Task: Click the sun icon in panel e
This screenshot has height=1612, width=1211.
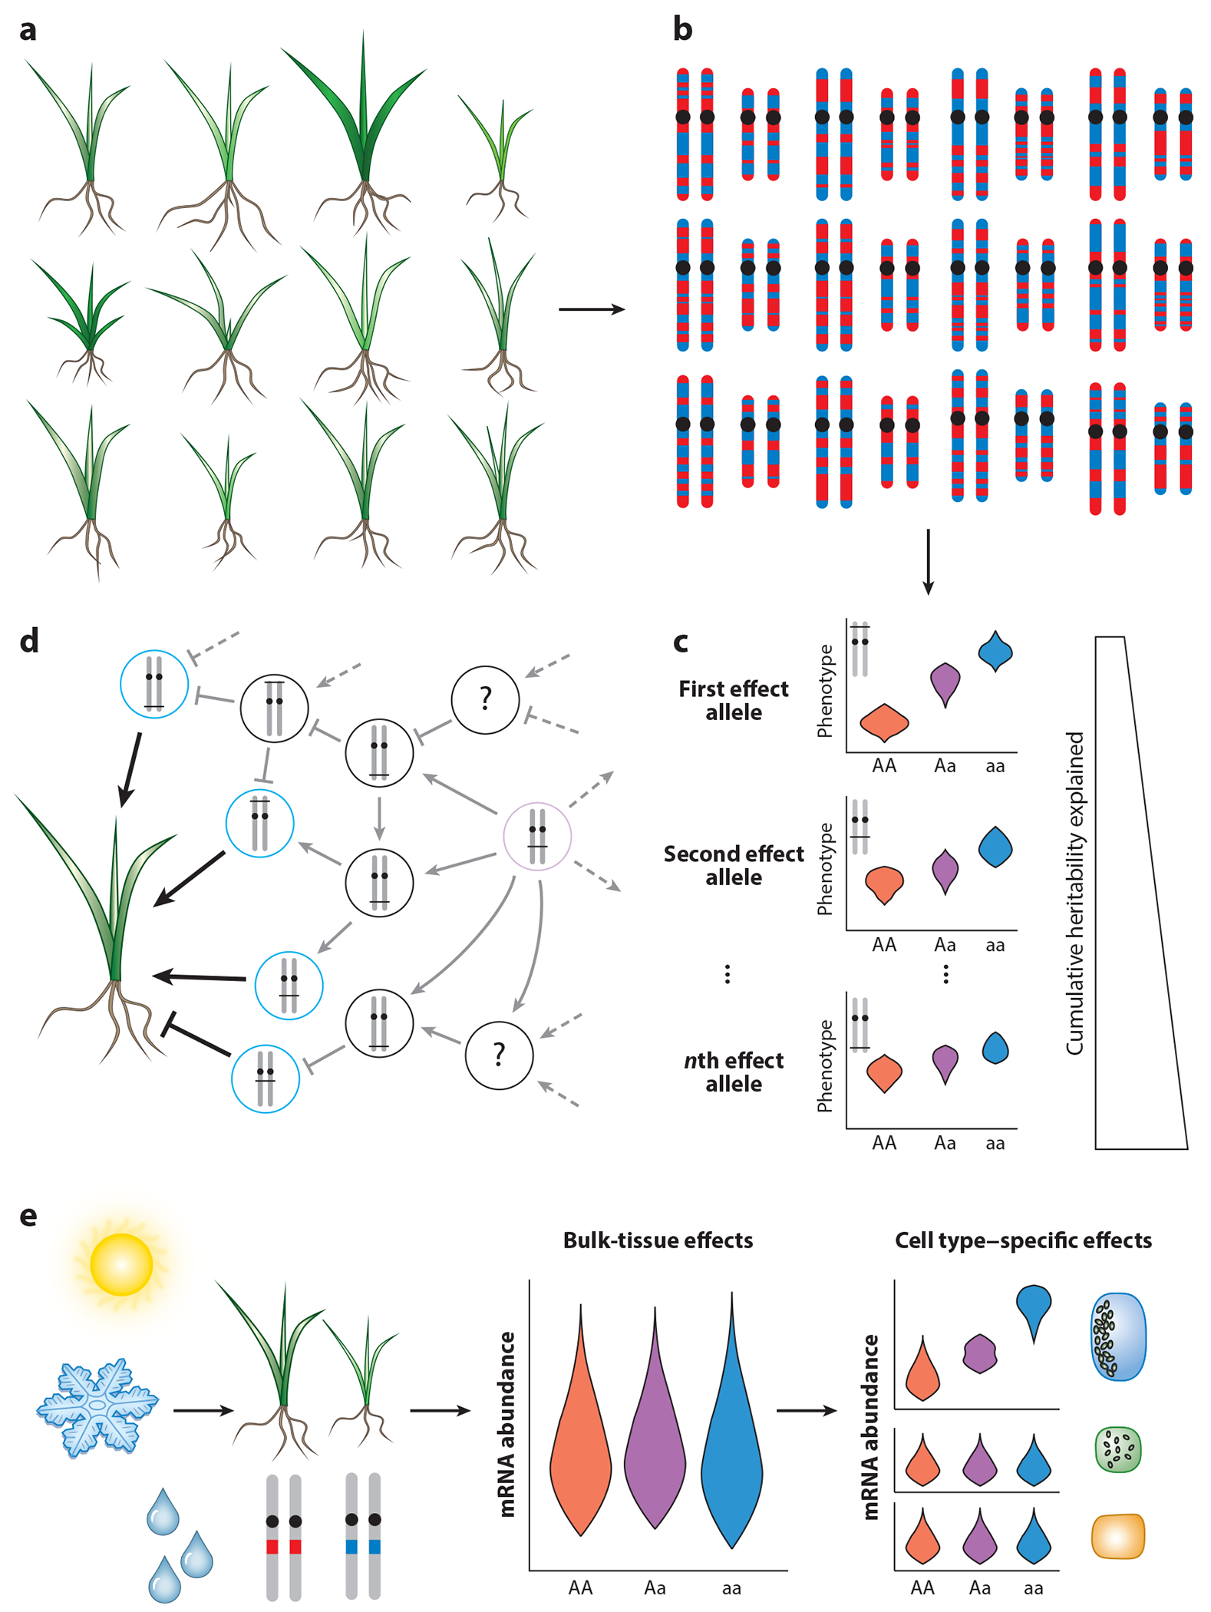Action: point(121,1264)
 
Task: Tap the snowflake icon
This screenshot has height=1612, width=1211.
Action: point(97,1406)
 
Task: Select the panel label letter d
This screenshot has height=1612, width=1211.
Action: point(29,641)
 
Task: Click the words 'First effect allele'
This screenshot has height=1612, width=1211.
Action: point(733,700)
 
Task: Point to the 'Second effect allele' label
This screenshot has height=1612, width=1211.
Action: point(733,865)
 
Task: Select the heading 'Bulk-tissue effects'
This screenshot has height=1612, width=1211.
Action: point(658,1241)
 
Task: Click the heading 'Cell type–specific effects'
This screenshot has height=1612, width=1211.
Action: point(1023,1241)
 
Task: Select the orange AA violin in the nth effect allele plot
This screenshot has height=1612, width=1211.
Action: point(884,1072)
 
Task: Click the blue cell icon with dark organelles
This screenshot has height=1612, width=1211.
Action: point(1118,1336)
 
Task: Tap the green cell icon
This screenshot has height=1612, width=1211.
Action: point(1118,1449)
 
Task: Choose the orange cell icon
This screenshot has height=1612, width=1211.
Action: point(1118,1536)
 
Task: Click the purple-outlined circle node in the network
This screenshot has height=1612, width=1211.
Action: point(537,836)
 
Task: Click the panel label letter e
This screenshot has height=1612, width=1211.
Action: point(28,1216)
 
